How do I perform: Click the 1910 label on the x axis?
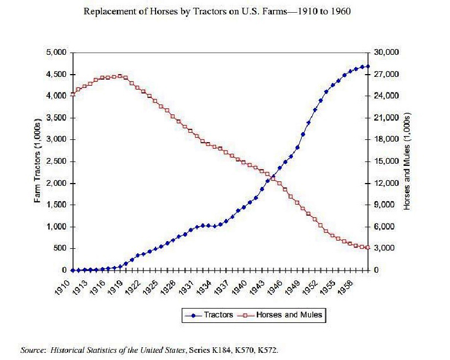pos(65,288)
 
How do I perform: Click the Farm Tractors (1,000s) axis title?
pos(38,161)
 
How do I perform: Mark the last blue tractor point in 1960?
pos(368,66)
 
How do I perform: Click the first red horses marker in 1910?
pos(73,94)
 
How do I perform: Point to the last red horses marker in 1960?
pos(368,248)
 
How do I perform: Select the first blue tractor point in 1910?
pos(73,270)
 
